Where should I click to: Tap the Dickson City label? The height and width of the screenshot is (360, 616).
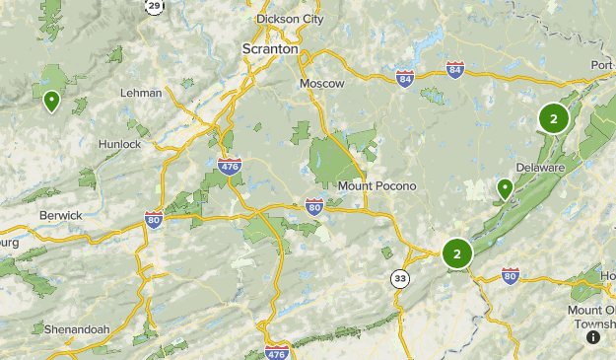tap(289, 19)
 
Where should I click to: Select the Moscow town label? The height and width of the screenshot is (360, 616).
tap(322, 84)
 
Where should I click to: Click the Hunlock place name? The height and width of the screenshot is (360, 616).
tap(119, 144)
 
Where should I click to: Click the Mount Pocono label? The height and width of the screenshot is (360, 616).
tap(376, 185)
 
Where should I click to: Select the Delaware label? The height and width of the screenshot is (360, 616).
tap(539, 168)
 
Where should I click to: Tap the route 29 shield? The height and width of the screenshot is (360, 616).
tap(154, 5)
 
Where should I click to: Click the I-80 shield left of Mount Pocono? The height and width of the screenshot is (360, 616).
tap(313, 206)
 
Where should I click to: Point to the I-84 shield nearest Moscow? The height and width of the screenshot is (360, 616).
tap(405, 78)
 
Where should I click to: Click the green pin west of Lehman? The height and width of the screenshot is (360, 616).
tap(50, 100)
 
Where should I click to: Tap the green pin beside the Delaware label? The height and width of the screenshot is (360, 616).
tap(505, 187)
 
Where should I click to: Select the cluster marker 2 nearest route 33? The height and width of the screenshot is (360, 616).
tap(457, 253)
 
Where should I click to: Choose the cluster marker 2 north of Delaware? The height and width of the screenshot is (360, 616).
tap(553, 119)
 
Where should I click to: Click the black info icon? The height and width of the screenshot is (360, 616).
tap(593, 336)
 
